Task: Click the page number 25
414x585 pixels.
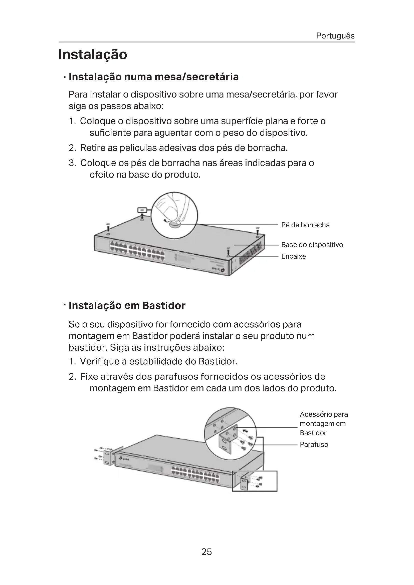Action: point(206,552)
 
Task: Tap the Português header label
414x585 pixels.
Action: point(335,36)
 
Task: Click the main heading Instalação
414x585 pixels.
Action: point(93,55)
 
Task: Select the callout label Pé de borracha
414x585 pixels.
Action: point(305,225)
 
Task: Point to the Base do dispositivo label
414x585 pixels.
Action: point(312,245)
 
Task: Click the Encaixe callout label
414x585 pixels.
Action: point(293,256)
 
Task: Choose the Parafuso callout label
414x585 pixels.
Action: point(314,444)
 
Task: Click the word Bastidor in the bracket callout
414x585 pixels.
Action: point(313,433)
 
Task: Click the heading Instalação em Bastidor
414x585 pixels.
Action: point(127,305)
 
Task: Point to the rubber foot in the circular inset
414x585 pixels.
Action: point(175,224)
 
